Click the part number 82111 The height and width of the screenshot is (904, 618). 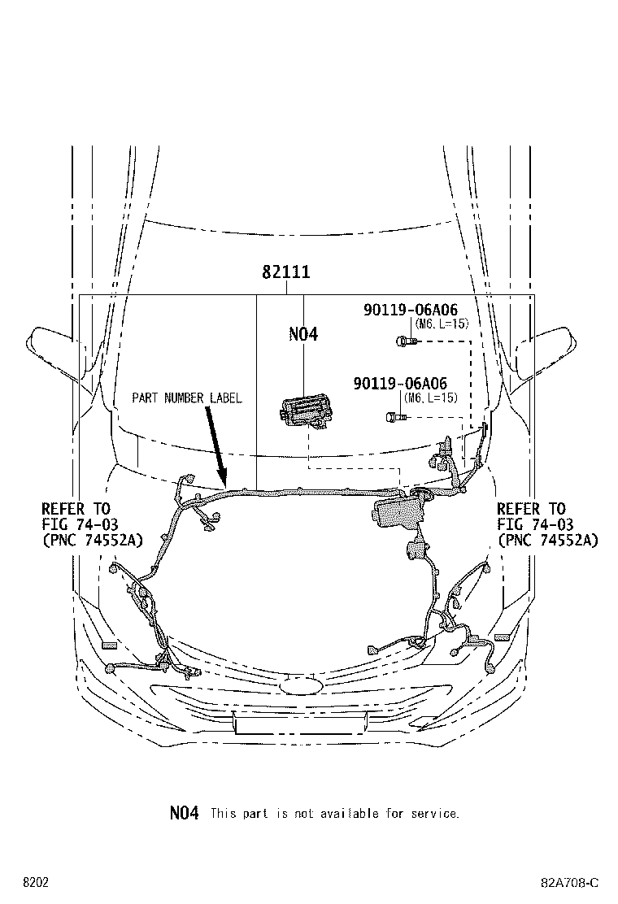coord(286,272)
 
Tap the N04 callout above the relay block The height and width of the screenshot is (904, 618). coord(303,334)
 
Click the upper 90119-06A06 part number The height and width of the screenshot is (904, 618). coord(411,310)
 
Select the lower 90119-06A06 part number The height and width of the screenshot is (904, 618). coord(400,384)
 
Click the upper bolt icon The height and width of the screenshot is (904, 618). coord(405,341)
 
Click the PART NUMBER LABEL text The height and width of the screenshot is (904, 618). coord(187,398)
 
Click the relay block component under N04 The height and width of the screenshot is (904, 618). coord(302,413)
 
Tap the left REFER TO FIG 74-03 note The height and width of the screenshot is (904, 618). coord(92,524)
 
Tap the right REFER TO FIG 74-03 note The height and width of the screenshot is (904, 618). coord(548,524)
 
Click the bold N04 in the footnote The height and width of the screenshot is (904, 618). coord(185,813)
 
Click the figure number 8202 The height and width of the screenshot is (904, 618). coord(36,883)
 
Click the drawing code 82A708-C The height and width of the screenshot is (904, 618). coord(569,883)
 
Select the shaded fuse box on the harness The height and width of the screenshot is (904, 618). coord(398,511)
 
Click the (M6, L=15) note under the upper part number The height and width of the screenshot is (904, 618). coord(442,324)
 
